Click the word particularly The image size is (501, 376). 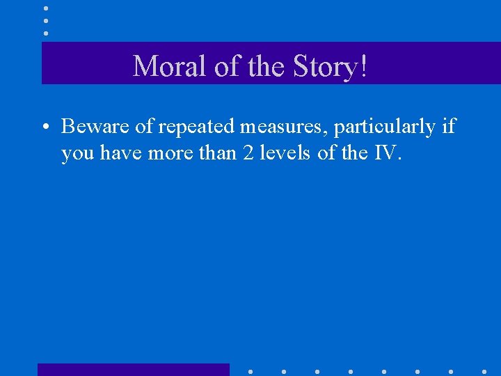tap(385, 127)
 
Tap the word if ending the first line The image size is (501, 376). tap(449, 126)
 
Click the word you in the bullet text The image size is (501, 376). tap(78, 153)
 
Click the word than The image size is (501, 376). tap(215, 152)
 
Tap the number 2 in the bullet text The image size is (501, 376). tap(248, 152)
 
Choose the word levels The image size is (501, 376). tap(285, 152)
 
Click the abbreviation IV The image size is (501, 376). tap(387, 152)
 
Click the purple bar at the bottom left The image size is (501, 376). tap(133, 369)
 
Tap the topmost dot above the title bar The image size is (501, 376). tap(46, 8)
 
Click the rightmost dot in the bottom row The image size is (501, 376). tap(484, 371)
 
